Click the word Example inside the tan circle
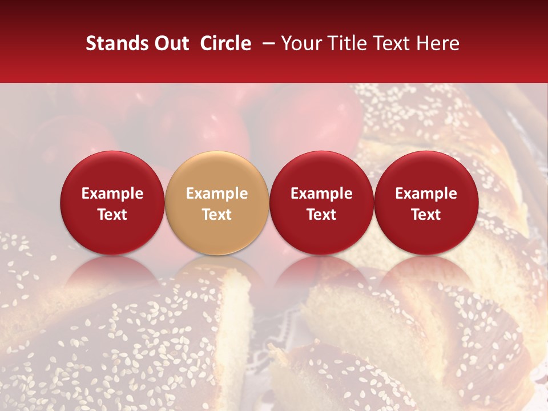click(x=217, y=194)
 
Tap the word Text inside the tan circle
click(x=217, y=215)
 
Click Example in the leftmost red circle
click(x=112, y=194)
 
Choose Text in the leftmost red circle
click(x=112, y=215)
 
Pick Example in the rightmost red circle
click(x=426, y=194)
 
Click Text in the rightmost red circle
click(x=426, y=215)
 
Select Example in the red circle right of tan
click(x=321, y=194)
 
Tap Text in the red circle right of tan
click(x=321, y=215)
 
